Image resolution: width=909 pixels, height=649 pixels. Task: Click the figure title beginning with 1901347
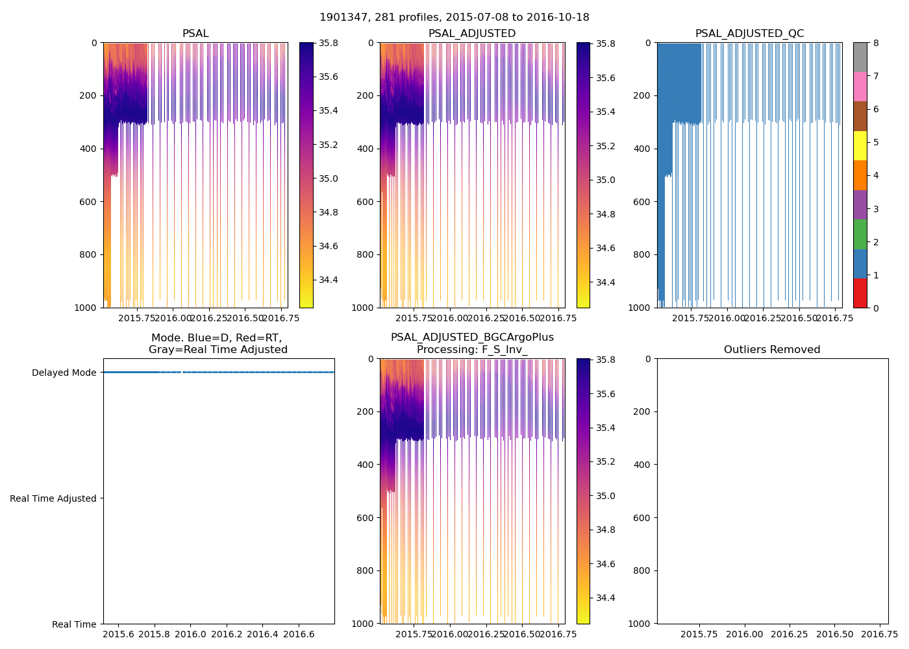(454, 18)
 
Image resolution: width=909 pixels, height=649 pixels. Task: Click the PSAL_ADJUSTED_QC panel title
(749, 34)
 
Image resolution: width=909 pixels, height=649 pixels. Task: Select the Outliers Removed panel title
(772, 350)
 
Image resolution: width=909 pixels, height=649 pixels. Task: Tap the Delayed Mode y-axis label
(64, 373)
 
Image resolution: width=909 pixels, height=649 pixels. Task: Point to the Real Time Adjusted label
(53, 498)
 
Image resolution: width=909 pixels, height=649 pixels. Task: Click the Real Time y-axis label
(74, 624)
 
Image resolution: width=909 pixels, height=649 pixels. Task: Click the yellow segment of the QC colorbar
(860, 146)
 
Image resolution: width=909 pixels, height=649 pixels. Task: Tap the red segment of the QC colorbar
(860, 293)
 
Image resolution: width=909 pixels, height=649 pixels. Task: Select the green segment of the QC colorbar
(860, 234)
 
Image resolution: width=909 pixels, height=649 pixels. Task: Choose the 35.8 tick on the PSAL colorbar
(328, 43)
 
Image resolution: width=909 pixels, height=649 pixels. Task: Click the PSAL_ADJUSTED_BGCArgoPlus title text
(472, 337)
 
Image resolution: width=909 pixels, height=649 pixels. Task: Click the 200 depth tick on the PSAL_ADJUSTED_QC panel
(643, 96)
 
